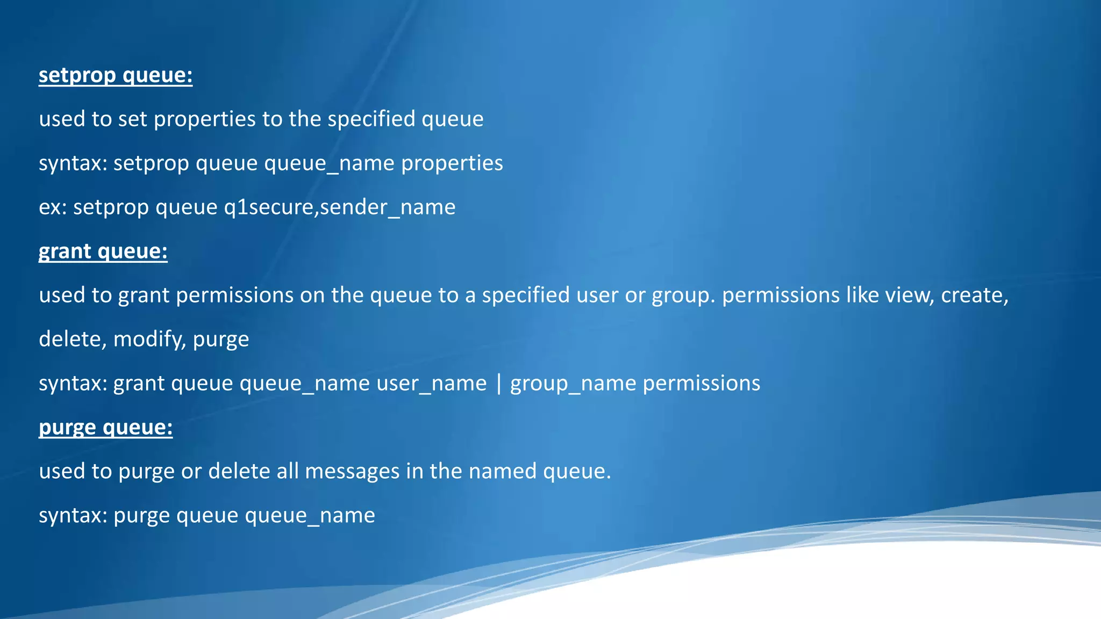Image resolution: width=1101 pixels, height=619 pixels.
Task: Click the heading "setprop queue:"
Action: click(116, 75)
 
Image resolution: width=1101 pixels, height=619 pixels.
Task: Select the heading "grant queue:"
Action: click(103, 251)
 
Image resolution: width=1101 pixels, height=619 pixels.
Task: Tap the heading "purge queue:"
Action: click(106, 428)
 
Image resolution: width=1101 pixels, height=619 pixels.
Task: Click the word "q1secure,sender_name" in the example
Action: click(340, 207)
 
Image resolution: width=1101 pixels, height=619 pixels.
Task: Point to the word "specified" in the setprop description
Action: click(371, 119)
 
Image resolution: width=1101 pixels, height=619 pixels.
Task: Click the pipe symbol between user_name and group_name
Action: click(499, 384)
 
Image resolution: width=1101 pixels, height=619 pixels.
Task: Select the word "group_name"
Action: click(573, 384)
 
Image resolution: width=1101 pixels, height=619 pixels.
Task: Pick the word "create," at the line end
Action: click(975, 296)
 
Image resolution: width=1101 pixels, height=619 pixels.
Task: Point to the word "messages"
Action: click(352, 472)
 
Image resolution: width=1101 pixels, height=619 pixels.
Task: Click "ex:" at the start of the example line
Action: click(53, 207)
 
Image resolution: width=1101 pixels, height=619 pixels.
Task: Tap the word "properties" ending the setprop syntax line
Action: click(452, 163)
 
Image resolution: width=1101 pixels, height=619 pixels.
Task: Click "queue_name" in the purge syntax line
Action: click(310, 516)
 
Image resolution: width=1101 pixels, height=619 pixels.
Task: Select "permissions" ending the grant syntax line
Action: click(702, 384)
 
